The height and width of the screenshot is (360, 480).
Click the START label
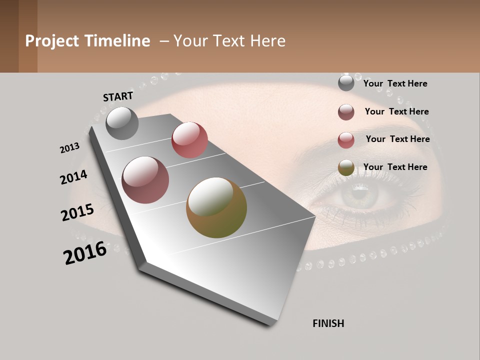coord(118,96)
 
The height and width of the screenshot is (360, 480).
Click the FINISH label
coord(328,323)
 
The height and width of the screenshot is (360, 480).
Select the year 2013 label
coord(70,148)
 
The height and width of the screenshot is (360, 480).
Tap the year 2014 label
coord(73,177)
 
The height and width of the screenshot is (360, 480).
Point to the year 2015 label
coord(77,212)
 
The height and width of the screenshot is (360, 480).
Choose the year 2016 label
coord(85,253)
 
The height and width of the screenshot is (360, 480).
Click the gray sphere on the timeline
coord(122,123)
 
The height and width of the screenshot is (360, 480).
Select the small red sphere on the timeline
coord(189,139)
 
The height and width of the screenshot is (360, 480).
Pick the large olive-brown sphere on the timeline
coord(216,207)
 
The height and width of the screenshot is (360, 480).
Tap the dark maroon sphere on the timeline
coord(145,180)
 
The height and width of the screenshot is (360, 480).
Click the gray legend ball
coord(346,83)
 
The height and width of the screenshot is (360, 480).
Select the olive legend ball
coord(346,168)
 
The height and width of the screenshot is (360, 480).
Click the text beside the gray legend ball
coord(395,83)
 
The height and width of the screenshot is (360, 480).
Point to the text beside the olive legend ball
coord(395,167)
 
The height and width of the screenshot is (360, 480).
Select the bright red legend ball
coord(346,140)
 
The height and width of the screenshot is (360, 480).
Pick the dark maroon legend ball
coord(346,112)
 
